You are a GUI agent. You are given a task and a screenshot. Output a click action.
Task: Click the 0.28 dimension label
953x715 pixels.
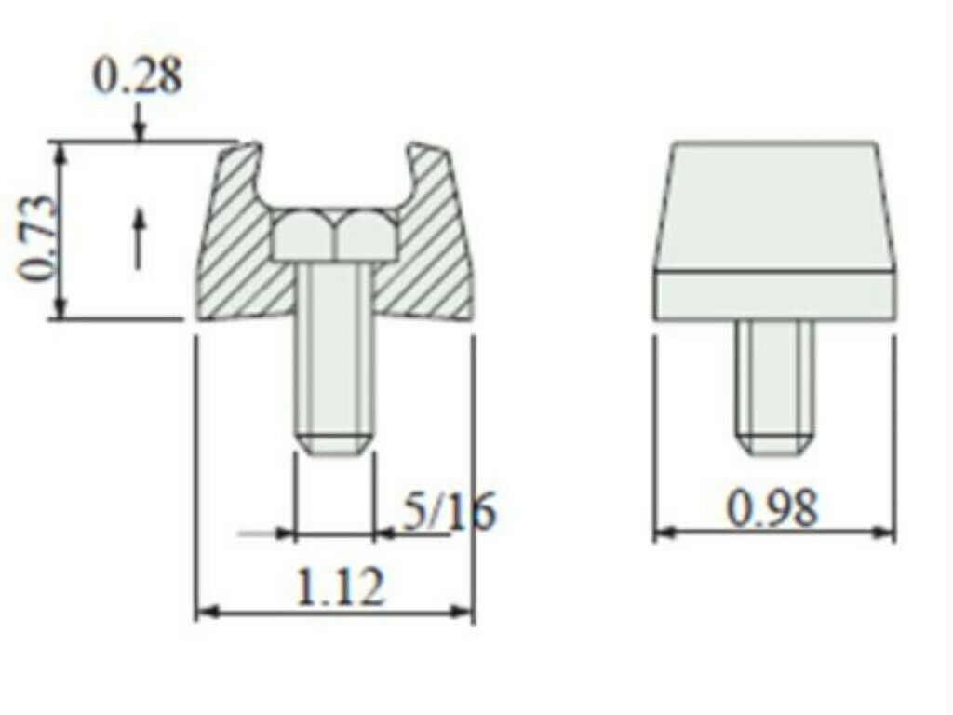[x=137, y=76]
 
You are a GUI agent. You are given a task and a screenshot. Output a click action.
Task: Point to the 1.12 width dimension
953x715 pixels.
[x=338, y=587]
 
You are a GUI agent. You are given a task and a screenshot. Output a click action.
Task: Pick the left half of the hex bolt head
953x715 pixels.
[x=303, y=235]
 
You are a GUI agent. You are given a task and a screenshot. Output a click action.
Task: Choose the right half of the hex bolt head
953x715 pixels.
[x=367, y=235]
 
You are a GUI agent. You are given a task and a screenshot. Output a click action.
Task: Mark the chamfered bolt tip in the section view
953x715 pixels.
[x=333, y=442]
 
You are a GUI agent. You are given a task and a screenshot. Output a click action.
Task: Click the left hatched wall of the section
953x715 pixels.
[x=237, y=251]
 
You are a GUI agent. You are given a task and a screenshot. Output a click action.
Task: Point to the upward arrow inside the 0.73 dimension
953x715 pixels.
[x=139, y=237]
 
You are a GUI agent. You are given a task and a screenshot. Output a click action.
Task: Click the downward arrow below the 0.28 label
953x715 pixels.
[x=139, y=126]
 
